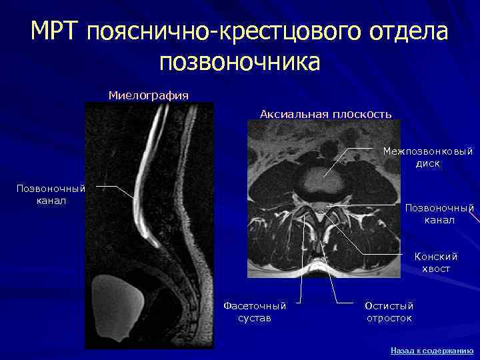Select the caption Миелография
click(x=148, y=95)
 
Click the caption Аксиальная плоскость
click(x=325, y=114)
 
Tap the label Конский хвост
click(x=436, y=262)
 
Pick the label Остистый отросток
click(x=389, y=311)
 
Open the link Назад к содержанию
click(x=431, y=350)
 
